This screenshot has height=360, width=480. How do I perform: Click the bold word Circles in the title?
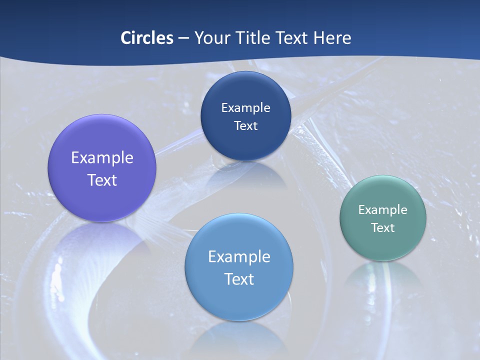tap(146, 38)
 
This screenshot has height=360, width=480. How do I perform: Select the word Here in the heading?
tap(332, 38)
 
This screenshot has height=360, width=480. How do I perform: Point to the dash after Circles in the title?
tap(183, 38)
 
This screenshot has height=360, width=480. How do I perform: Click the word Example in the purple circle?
tap(102, 158)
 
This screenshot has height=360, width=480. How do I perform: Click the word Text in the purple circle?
tap(102, 180)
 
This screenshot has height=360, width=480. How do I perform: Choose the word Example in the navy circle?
tap(245, 108)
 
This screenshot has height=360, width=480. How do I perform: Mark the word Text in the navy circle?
tap(245, 125)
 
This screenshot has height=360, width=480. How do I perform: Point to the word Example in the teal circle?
tap(383, 210)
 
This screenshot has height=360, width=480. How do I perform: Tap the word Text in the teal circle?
tap(383, 228)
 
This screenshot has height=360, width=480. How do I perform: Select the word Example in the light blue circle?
tap(239, 257)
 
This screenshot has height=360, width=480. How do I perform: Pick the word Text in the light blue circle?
tap(239, 279)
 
